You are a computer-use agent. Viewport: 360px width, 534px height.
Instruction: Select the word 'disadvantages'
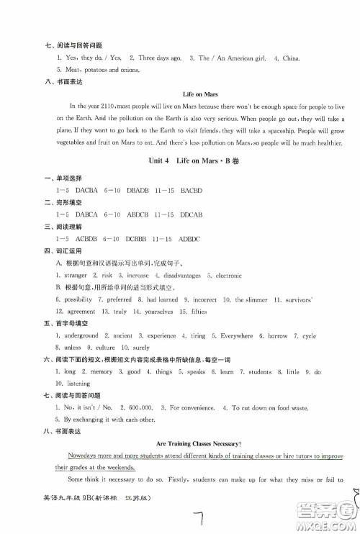click(182, 276)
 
